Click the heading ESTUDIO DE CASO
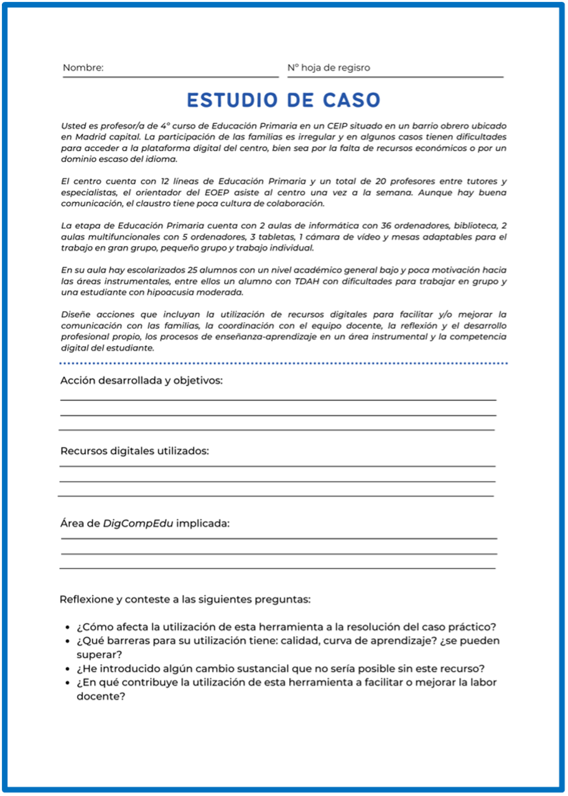[284, 100]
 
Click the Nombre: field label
[83, 68]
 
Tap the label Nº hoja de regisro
[328, 68]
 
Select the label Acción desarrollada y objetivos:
[141, 381]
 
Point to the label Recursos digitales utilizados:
[134, 451]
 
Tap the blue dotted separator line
[284, 363]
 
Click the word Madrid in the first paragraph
[77, 137]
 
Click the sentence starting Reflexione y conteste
[185, 599]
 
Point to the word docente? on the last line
[101, 696]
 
